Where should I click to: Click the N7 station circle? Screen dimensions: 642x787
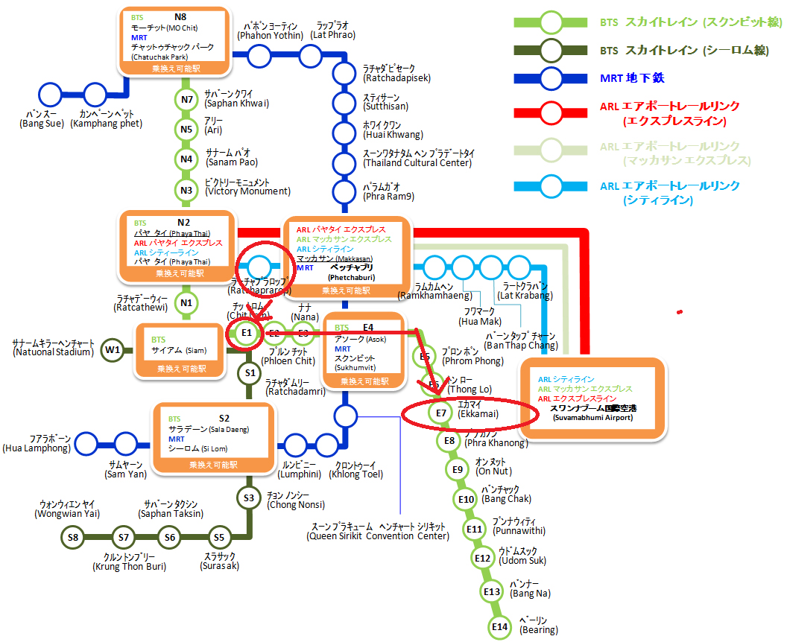(186, 99)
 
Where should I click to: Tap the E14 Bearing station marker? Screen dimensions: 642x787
(500, 628)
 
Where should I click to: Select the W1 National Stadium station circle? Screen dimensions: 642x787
(113, 349)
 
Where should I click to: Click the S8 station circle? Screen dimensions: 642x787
(73, 537)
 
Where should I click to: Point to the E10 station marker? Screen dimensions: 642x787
(467, 499)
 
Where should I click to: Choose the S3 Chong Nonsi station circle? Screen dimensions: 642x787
(249, 498)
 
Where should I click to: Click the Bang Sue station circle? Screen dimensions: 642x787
(51, 95)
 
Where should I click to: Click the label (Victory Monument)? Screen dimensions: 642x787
(247, 191)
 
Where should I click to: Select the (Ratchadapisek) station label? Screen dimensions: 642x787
(396, 77)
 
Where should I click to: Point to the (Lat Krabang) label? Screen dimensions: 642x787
(526, 296)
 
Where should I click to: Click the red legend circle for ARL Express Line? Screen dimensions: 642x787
(551, 113)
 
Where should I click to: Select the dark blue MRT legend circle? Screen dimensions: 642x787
(551, 78)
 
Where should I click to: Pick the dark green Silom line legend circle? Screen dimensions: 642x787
(551, 50)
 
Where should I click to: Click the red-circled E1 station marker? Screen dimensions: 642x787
(247, 332)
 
